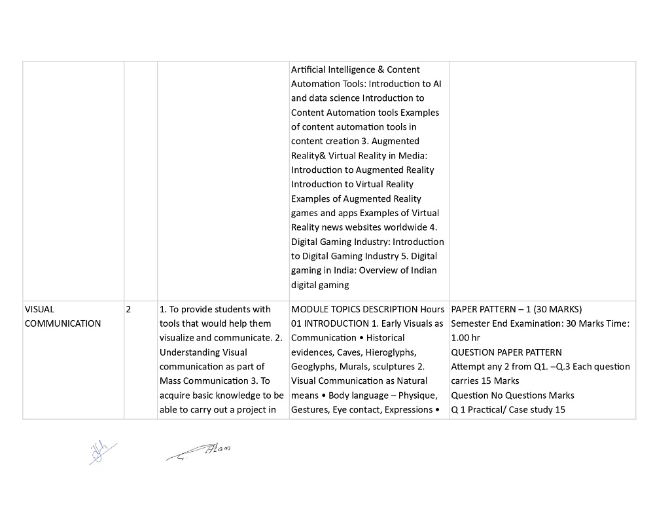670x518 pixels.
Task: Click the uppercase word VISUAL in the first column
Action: pos(39,309)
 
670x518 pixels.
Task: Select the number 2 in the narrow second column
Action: pos(128,309)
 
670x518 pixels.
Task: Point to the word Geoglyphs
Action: pos(313,367)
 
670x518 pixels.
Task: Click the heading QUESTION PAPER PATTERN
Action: pos(506,352)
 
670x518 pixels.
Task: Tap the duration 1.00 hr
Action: pos(465,338)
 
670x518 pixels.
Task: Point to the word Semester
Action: pos(472,324)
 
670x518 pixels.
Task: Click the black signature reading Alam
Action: pos(200,452)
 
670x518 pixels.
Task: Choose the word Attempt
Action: pos(468,367)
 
